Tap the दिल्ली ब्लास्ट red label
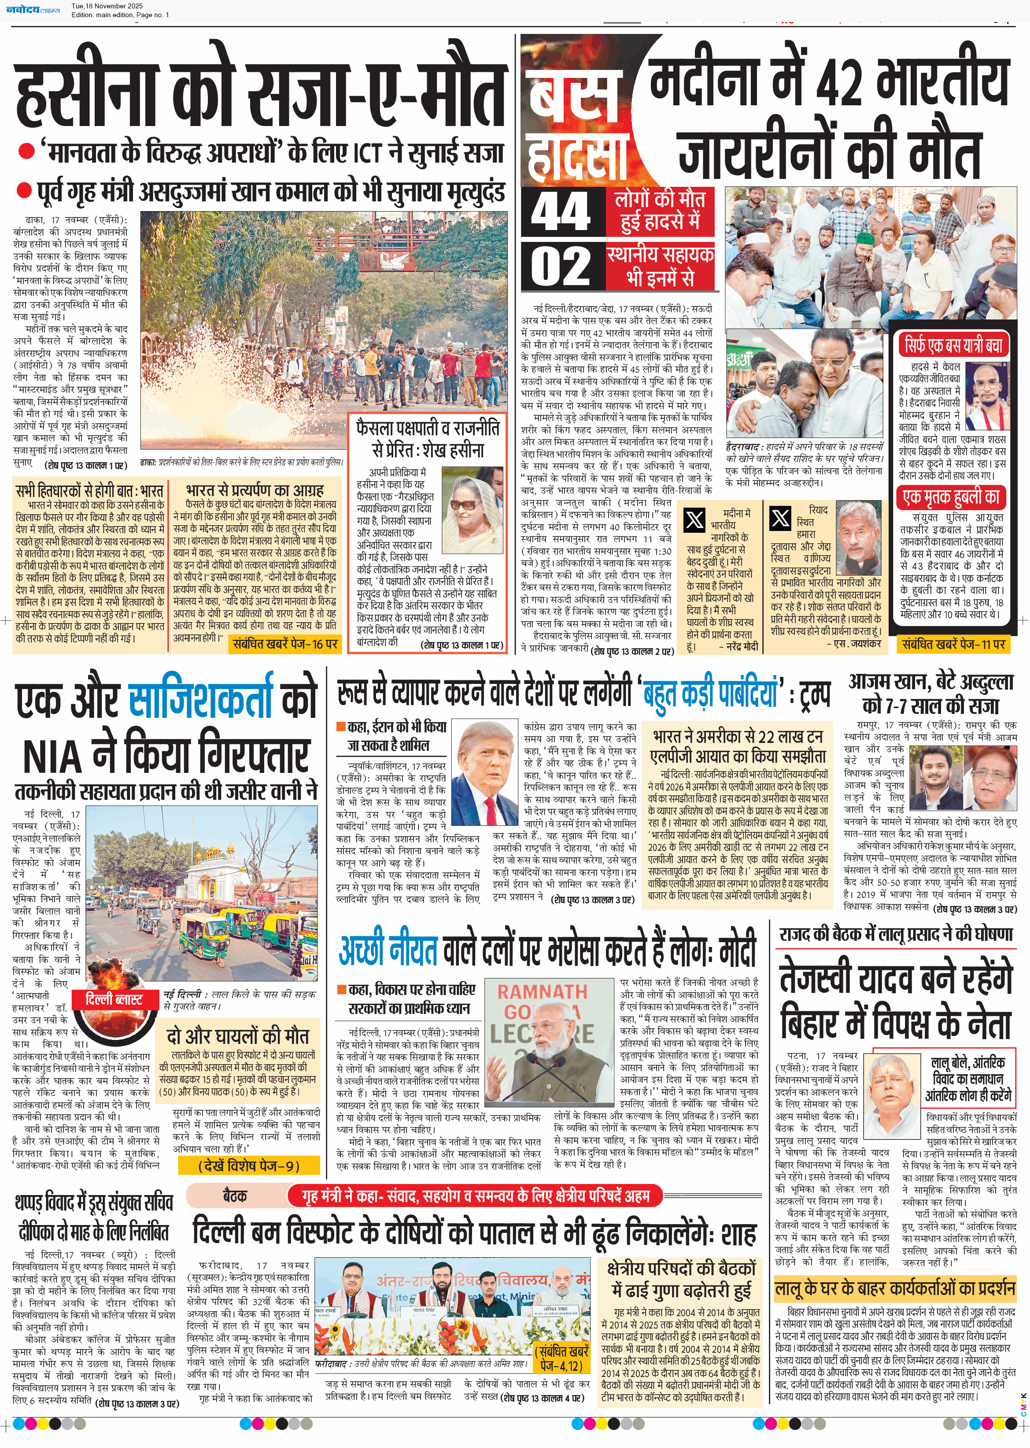pos(114,1000)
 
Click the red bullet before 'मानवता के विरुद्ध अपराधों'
pos(26,152)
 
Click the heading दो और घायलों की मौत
pos(237,1036)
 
